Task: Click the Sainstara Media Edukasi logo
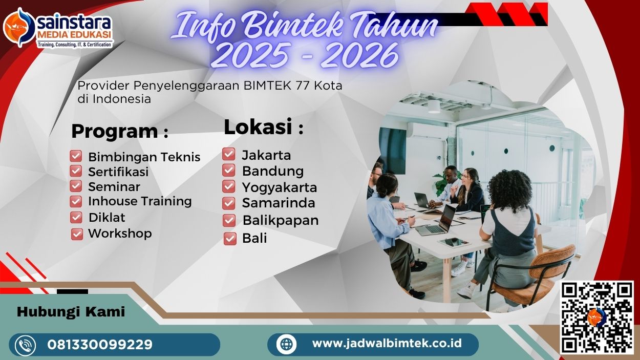tap(57, 28)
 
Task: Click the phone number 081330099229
tap(100, 345)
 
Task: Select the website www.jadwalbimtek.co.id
tap(387, 344)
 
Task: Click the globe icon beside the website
tap(286, 344)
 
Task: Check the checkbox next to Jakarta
tap(229, 154)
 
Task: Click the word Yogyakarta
tap(279, 187)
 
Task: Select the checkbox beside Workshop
tap(77, 234)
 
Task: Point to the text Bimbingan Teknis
tap(144, 157)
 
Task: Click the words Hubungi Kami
tap(71, 312)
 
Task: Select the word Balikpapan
tap(280, 221)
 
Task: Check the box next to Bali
tap(230, 239)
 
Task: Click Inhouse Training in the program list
tap(140, 201)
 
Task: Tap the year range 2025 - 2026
tap(304, 55)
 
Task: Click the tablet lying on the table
tap(454, 242)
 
